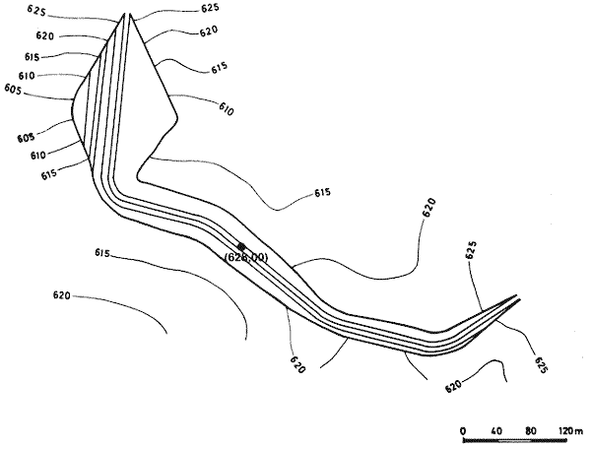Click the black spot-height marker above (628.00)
[241, 246]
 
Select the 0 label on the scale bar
[463, 431]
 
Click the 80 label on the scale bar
[533, 431]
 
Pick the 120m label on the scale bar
[570, 431]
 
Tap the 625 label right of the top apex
[209, 8]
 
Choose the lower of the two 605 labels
[25, 138]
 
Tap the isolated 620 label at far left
[62, 294]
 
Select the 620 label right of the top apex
[208, 31]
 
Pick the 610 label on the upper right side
[226, 110]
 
